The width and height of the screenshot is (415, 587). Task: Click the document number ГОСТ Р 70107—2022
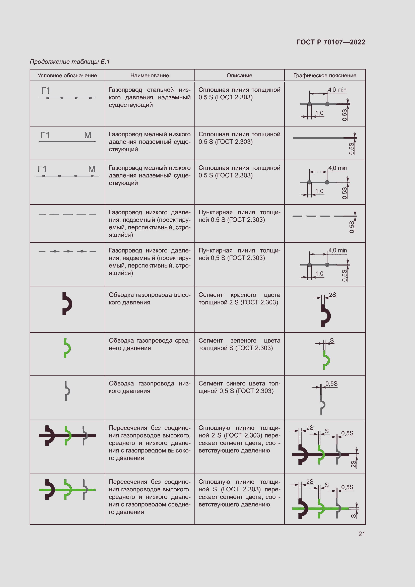[x=331, y=42]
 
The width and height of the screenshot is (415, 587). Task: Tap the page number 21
[x=362, y=534]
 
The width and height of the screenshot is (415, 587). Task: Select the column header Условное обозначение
[x=67, y=76]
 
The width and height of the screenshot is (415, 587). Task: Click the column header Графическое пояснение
[x=325, y=76]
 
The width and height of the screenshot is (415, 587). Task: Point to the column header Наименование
[x=150, y=76]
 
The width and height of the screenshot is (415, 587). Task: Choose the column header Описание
[x=239, y=76]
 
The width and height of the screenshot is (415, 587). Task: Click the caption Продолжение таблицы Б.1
[x=70, y=62]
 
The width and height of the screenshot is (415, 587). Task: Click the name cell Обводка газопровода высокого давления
[x=150, y=299]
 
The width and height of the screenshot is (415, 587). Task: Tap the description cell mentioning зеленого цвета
[x=239, y=344]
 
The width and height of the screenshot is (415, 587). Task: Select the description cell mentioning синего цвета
[x=239, y=387]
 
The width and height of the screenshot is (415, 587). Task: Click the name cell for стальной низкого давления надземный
[x=150, y=97]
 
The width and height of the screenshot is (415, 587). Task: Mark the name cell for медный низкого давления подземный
[x=150, y=142]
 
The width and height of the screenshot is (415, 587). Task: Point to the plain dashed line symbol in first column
[x=67, y=214]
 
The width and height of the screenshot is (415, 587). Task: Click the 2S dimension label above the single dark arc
[x=332, y=295]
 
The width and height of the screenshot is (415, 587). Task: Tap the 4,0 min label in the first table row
[x=337, y=90]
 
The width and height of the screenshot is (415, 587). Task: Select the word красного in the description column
[x=243, y=295]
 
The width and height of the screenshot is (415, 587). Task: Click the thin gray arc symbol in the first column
[x=67, y=391]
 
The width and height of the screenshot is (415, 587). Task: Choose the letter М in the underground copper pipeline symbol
[x=88, y=135]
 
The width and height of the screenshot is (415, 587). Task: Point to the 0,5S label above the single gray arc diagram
[x=331, y=383]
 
